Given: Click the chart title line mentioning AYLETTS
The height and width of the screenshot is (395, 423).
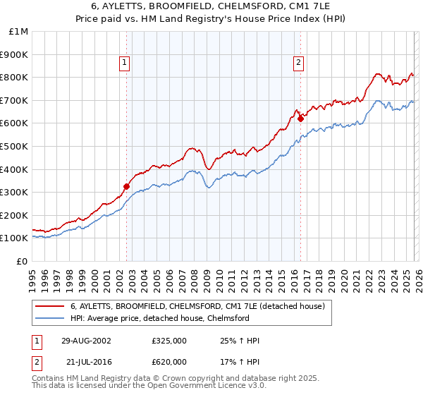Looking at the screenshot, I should tap(211, 6).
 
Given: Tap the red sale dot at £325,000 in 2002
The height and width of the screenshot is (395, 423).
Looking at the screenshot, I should tap(127, 186).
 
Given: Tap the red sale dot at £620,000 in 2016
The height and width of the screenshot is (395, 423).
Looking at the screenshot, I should tap(300, 119).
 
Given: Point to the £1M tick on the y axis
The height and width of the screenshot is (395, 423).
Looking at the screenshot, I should tap(19, 31).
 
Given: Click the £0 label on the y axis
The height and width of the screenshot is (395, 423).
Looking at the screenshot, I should tap(21, 261).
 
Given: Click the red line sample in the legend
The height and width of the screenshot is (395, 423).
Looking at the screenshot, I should tap(49, 306).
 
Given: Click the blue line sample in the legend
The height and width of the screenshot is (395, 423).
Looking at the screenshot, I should tap(49, 318).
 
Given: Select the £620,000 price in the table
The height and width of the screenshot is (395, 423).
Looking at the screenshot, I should tap(168, 361).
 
